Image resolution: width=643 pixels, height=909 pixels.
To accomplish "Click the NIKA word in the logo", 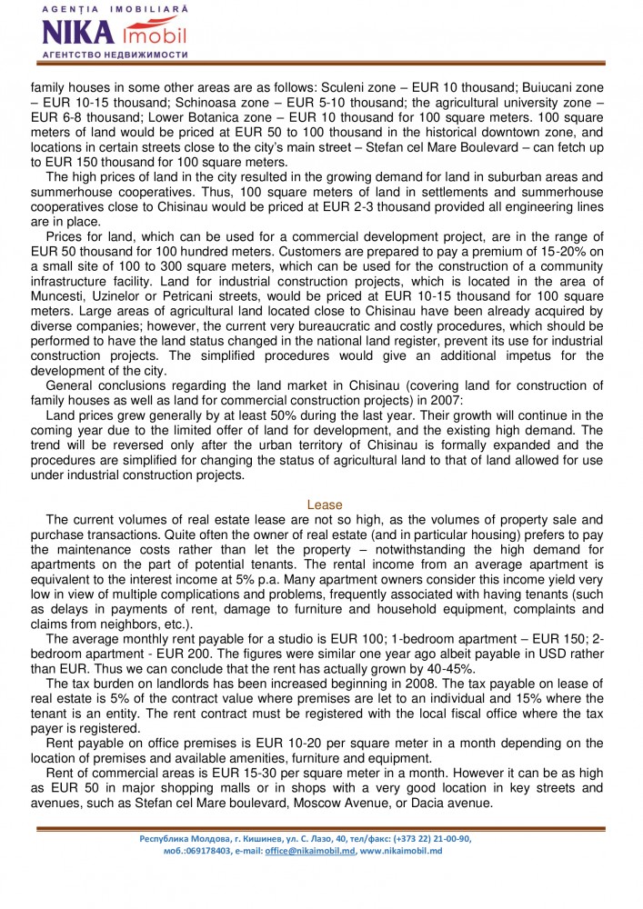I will click(x=76, y=35).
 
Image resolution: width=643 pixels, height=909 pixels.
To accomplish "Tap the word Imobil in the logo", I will click(x=154, y=35).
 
